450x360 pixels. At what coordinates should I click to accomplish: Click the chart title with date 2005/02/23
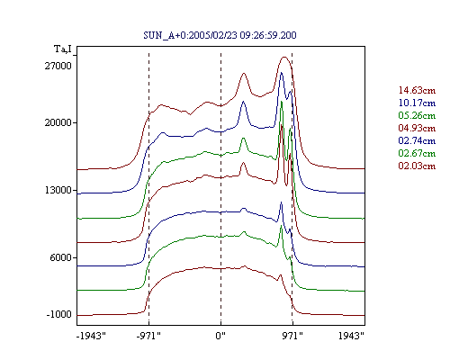220,35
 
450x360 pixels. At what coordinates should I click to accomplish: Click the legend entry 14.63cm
417,90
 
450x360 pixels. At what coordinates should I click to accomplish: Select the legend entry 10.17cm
417,103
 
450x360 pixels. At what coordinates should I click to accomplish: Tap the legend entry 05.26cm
417,115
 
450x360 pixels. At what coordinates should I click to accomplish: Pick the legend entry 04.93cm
417,128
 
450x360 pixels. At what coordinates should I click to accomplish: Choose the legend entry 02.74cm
417,140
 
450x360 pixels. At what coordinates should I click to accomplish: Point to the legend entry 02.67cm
417,153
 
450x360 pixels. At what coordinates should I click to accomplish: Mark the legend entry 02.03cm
417,166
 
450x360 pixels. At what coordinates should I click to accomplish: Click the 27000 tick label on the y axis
58,66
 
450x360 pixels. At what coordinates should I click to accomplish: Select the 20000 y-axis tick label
58,122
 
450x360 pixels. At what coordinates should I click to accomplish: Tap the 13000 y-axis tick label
58,190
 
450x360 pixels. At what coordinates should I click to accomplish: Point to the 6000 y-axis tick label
61,257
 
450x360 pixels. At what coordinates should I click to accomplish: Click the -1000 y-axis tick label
59,314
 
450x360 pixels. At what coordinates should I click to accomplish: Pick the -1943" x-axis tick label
91,336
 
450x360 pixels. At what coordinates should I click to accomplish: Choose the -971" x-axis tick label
148,336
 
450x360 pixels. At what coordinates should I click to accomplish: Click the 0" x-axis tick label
220,336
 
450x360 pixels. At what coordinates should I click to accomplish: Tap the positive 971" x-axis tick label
292,336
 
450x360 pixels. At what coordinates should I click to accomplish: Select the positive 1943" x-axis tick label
351,336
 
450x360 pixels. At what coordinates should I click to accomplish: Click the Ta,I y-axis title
63,49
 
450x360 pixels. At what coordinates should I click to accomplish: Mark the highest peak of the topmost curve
284,57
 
